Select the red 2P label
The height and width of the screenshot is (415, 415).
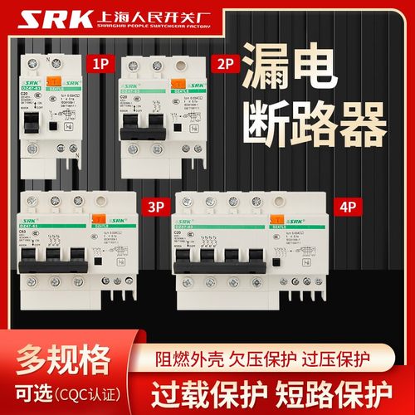pos(222,61)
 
